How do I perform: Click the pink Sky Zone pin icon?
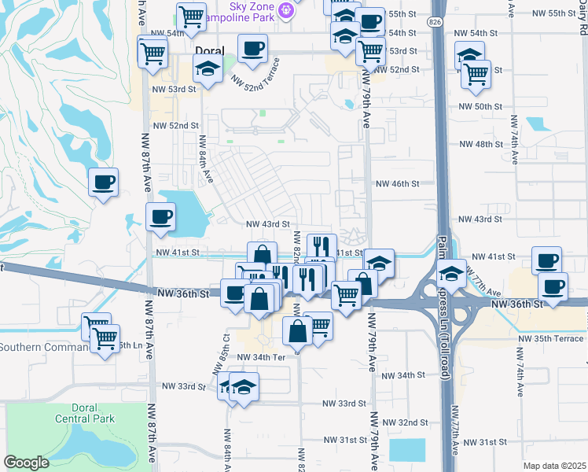pos(286,10)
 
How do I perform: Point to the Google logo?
pos(26,463)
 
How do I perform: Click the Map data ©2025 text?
pos(554,466)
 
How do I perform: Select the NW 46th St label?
pos(398,183)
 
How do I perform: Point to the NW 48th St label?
pos(480,145)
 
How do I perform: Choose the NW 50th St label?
pos(480,106)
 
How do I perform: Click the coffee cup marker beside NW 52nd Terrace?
pos(253,50)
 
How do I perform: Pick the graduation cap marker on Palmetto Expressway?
pos(452,275)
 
